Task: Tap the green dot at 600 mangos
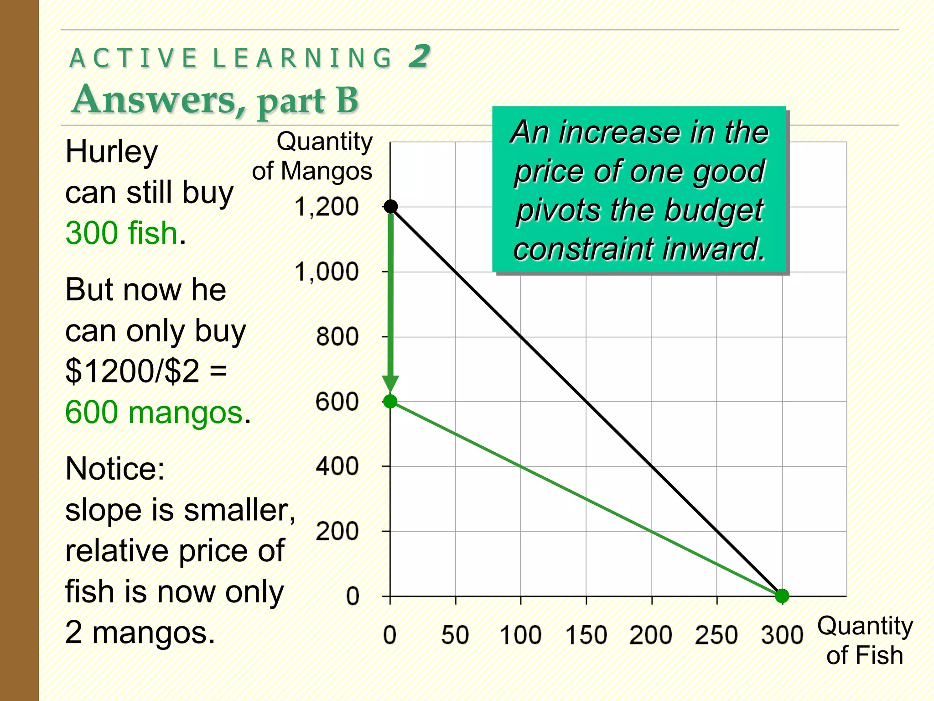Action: (390, 402)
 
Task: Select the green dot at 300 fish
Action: (782, 596)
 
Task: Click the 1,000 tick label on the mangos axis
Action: (327, 272)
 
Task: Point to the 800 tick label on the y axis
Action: (337, 337)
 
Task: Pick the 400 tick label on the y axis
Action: (337, 467)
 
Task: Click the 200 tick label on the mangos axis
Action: (337, 532)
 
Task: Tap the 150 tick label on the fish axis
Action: (586, 635)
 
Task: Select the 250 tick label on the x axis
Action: (716, 635)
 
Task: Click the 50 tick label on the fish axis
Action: (455, 635)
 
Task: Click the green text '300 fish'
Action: (121, 233)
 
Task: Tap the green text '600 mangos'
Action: (154, 413)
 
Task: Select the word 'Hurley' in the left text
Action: (112, 152)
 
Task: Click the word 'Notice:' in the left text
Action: (115, 469)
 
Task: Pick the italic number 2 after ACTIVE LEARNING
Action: (419, 57)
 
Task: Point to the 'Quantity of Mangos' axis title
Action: (313, 156)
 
